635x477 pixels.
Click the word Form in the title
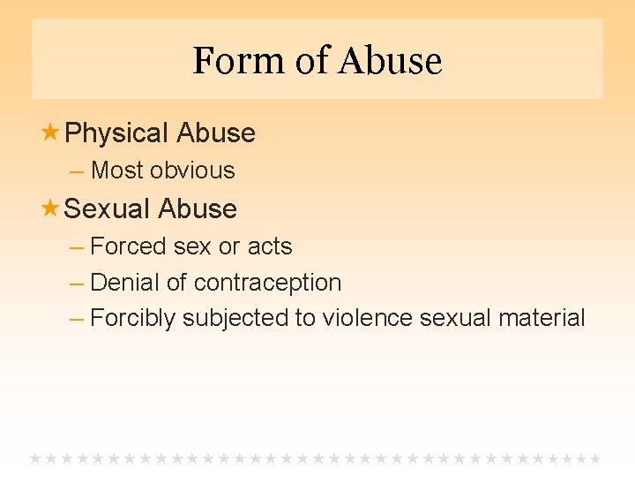(228, 61)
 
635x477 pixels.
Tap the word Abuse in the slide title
(389, 61)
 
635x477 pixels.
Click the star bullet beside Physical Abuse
(50, 132)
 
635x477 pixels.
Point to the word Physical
(116, 133)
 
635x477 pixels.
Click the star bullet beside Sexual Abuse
(50, 208)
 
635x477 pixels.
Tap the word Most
(117, 170)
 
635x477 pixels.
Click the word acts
(270, 246)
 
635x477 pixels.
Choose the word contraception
(267, 283)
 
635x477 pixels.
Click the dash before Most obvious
(76, 170)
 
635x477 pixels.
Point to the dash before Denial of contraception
(76, 283)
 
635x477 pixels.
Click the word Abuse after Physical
(216, 133)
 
